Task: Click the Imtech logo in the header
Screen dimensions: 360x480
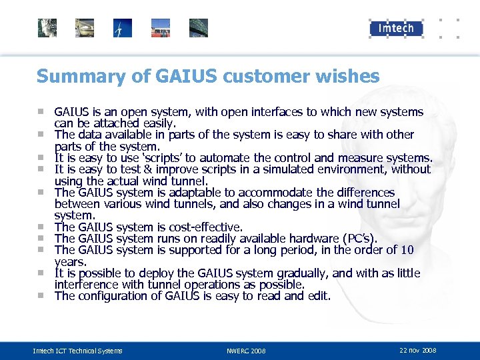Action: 397,28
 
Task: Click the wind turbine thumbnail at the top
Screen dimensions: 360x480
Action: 123,28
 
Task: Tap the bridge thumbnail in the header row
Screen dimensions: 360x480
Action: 199,28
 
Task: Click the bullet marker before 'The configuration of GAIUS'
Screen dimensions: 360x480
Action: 41,295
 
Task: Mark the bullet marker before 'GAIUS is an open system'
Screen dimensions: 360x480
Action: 41,111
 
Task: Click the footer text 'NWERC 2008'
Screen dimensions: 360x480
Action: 246,350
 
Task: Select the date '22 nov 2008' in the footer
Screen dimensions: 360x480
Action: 418,350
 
